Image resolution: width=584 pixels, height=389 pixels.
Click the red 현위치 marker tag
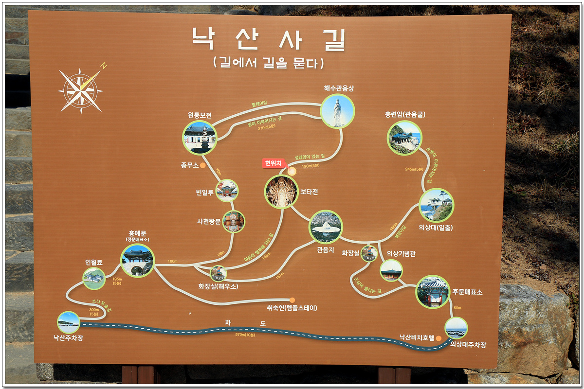[273, 163]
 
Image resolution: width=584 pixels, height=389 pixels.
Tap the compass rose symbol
[80, 90]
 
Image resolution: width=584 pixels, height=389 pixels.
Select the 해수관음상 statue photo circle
[337, 111]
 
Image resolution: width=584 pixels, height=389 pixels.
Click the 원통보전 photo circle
[200, 138]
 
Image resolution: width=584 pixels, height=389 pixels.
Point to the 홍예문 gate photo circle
[138, 261]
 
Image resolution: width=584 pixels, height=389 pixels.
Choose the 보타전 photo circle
[281, 192]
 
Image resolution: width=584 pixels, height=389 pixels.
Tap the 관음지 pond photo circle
[326, 227]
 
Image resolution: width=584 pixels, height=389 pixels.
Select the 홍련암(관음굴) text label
[405, 115]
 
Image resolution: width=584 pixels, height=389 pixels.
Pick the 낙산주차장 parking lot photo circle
[69, 322]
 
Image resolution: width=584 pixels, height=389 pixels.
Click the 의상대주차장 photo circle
[456, 328]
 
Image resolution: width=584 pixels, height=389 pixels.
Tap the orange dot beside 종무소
[203, 165]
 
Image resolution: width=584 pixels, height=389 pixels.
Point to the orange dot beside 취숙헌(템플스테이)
[292, 300]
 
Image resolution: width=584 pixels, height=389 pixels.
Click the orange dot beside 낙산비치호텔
[438, 338]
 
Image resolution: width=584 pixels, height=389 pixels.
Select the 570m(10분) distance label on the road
[246, 335]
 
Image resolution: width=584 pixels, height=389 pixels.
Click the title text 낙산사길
[269, 39]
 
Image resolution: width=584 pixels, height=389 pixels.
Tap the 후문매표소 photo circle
[432, 292]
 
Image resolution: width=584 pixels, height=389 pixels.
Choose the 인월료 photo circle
[94, 279]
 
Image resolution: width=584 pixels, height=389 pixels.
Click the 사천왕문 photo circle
[234, 222]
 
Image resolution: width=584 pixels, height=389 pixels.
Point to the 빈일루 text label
[204, 193]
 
